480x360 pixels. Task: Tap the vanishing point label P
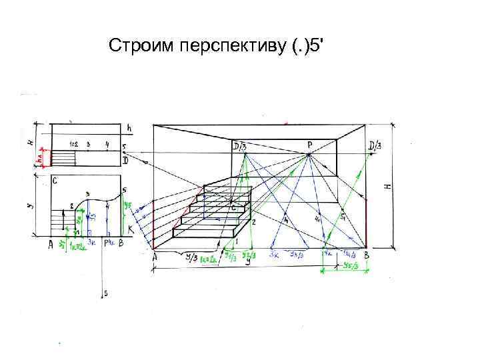(x=310, y=144)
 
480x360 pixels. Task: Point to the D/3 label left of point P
(x=239, y=146)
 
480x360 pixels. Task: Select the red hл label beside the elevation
(x=41, y=160)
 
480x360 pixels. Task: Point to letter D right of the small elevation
(x=125, y=161)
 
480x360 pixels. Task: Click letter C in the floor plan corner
(x=55, y=181)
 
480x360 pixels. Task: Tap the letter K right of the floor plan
(x=130, y=229)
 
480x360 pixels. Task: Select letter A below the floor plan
(x=51, y=245)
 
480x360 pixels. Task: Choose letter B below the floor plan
(x=121, y=244)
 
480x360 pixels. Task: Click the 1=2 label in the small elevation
(x=74, y=144)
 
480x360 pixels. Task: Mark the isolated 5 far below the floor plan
(x=105, y=293)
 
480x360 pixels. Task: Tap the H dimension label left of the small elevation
(x=30, y=142)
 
